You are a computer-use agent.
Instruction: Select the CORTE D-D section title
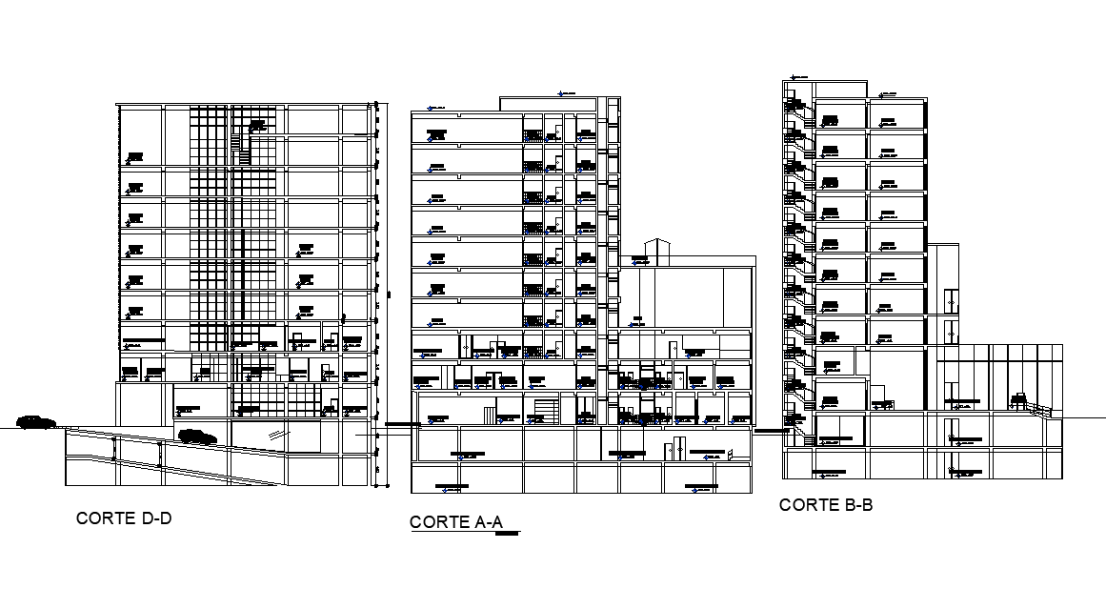(124, 518)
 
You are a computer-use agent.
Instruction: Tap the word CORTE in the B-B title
(806, 505)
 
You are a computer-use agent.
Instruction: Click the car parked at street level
(35, 422)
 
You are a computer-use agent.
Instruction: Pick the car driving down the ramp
(196, 437)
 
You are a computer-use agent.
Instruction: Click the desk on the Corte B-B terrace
(1019, 398)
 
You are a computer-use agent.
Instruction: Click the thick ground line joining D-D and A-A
(398, 423)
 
